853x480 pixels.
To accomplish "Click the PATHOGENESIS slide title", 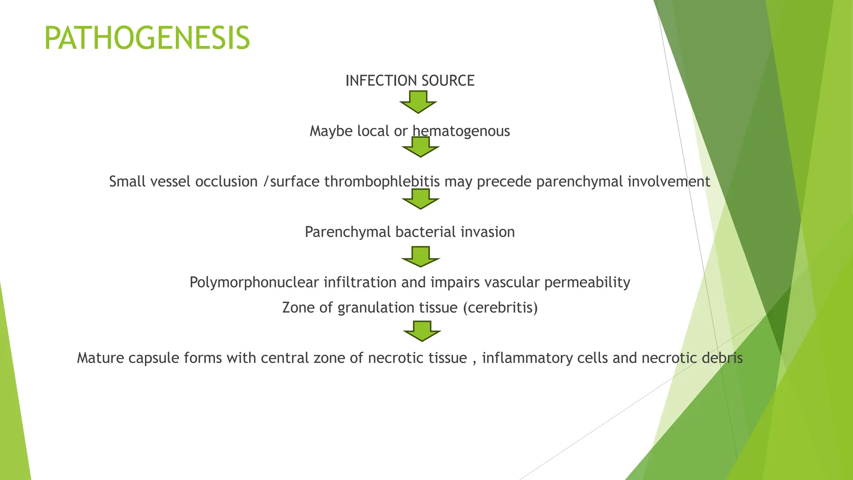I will point(147,38).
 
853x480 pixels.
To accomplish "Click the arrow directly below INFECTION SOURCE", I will point(418,102).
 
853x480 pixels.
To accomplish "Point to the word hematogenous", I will point(461,131).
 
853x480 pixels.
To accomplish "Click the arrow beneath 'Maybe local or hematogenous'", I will point(420,147).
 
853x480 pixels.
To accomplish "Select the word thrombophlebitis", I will point(382,182).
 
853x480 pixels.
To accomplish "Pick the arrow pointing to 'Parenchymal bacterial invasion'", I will point(420,199).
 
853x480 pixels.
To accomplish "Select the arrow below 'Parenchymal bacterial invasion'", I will point(420,257).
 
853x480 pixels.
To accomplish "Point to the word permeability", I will point(587,282).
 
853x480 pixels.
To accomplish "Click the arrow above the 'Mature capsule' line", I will point(422,331).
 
